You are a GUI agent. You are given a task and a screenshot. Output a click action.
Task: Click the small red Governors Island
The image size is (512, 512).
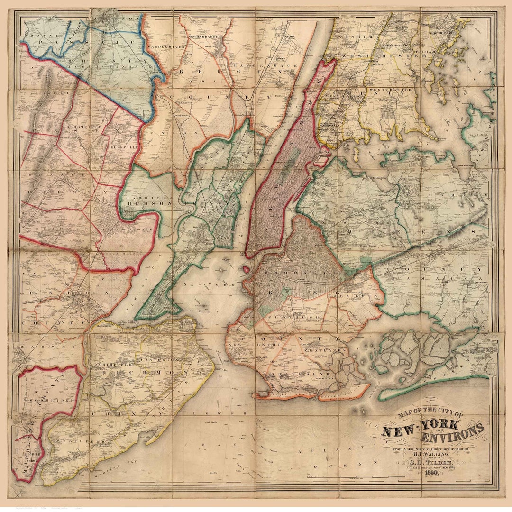(246, 269)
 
